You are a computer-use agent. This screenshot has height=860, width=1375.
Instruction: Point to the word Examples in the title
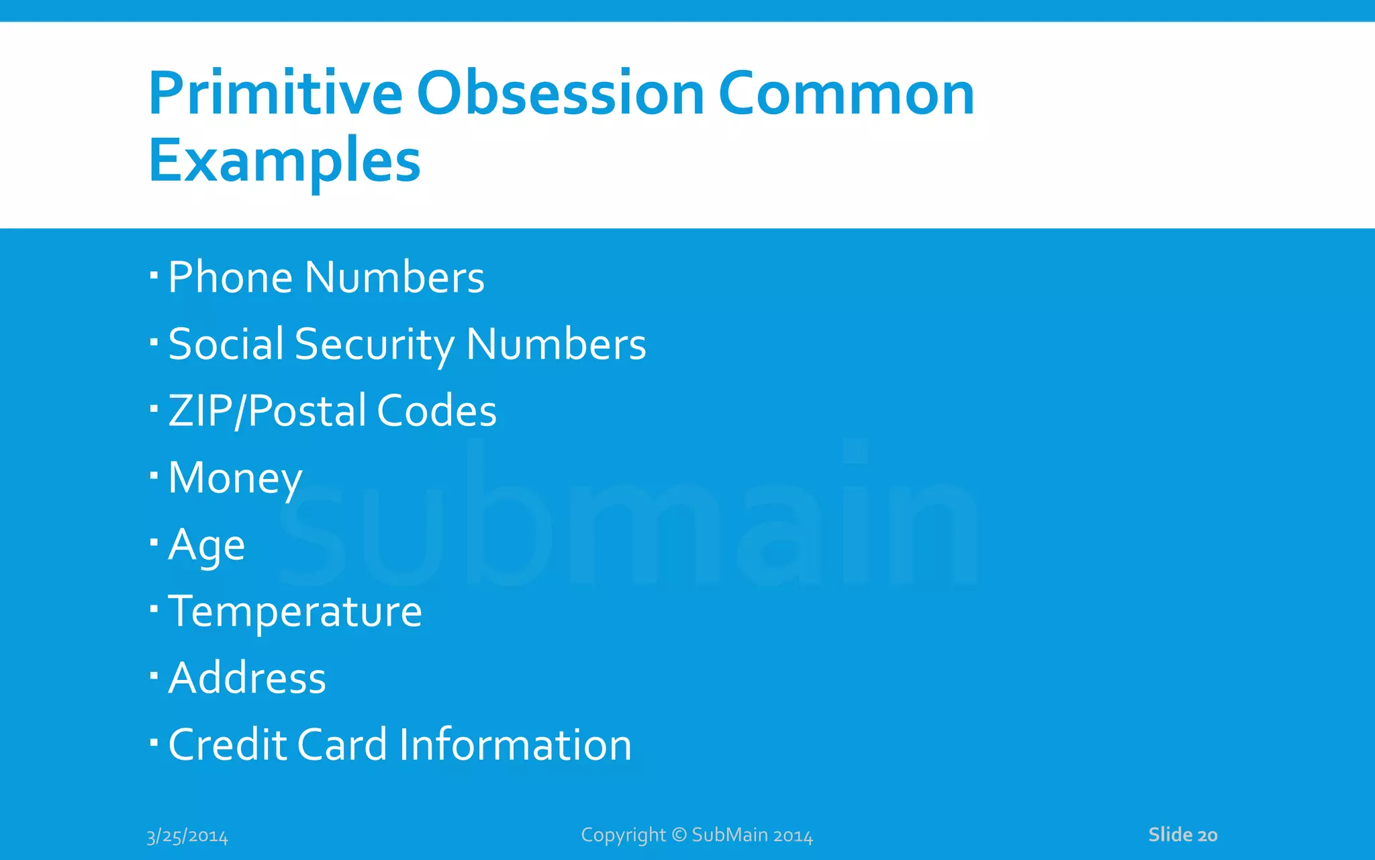pyautogui.click(x=284, y=161)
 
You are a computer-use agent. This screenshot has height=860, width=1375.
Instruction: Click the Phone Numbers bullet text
pyautogui.click(x=326, y=277)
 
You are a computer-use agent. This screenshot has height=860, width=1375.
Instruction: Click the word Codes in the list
pyautogui.click(x=436, y=411)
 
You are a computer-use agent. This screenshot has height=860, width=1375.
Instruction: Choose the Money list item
pyautogui.click(x=235, y=478)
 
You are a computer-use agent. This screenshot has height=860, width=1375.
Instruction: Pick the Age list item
pyautogui.click(x=206, y=544)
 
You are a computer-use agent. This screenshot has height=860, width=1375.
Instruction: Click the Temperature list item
pyautogui.click(x=295, y=611)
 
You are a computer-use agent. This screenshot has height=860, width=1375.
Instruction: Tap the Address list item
pyautogui.click(x=246, y=678)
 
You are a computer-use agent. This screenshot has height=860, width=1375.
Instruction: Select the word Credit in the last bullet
pyautogui.click(x=227, y=744)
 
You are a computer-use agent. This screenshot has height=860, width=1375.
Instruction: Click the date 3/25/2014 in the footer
pyautogui.click(x=187, y=836)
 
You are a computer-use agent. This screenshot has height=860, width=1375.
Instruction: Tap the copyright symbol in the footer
pyautogui.click(x=679, y=834)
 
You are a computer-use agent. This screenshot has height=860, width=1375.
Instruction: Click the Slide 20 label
pyautogui.click(x=1182, y=834)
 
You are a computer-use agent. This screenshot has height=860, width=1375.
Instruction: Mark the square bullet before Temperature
pyautogui.click(x=154, y=609)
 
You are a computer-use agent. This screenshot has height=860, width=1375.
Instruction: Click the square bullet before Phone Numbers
pyautogui.click(x=154, y=274)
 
